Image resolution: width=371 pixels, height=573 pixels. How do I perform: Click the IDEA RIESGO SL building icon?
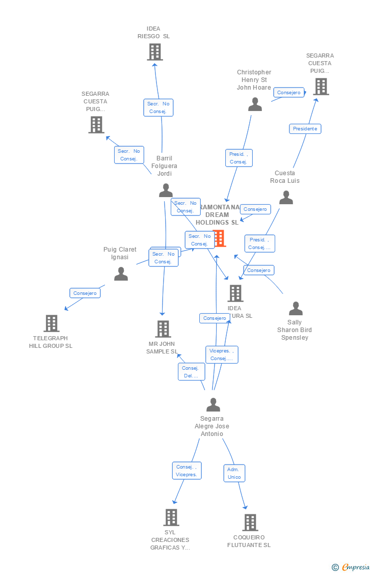(154, 51)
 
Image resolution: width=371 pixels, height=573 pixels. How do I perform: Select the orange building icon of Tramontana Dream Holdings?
(220, 238)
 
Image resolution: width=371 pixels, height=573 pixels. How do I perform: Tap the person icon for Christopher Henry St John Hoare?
(255, 104)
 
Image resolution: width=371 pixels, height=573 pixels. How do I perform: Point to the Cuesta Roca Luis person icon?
(286, 198)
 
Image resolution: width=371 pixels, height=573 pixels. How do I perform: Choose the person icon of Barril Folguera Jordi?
(166, 190)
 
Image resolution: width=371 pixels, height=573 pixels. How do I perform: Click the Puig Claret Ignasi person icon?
(121, 274)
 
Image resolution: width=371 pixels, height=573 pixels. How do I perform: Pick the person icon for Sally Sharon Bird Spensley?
(296, 309)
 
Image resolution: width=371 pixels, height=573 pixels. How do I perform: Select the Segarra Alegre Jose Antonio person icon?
(213, 405)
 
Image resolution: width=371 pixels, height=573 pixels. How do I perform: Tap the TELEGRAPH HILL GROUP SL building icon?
(51, 323)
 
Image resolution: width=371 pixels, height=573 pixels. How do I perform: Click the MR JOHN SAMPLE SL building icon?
(163, 329)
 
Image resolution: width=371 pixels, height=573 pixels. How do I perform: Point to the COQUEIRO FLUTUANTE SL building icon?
(250, 523)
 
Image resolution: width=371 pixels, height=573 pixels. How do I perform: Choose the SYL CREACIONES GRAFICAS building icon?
(171, 517)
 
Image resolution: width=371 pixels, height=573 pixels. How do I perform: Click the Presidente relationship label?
(305, 129)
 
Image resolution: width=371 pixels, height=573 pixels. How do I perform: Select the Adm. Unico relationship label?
(234, 473)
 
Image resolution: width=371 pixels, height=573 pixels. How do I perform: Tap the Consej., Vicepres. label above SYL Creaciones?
(187, 471)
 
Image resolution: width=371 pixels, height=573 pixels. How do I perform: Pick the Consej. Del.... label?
(191, 372)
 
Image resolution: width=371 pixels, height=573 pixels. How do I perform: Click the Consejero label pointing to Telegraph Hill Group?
(85, 293)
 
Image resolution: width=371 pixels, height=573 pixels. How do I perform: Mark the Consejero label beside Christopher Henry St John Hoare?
(289, 93)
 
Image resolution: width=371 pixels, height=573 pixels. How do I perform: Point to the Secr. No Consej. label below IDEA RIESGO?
(158, 107)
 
